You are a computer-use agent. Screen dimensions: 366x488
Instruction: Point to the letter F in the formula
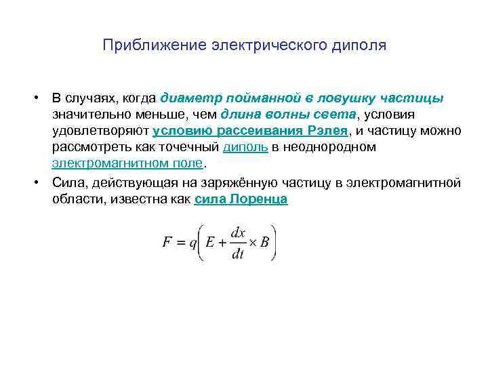click(167, 243)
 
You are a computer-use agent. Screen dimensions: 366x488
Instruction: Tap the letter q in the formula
click(194, 244)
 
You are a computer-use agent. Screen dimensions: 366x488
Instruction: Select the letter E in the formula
click(211, 243)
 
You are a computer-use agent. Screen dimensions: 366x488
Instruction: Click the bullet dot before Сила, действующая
click(41, 183)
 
